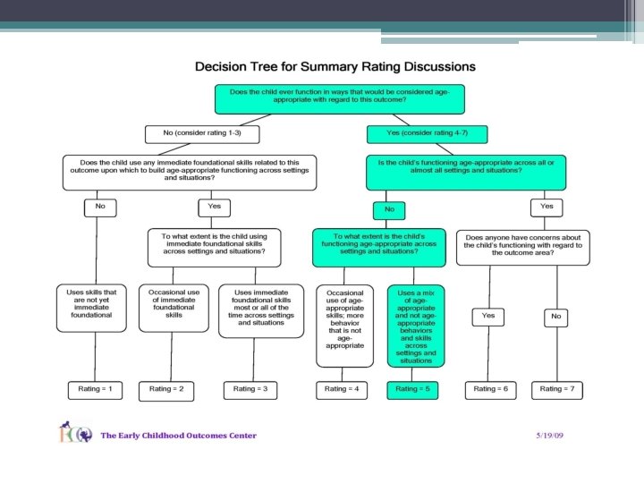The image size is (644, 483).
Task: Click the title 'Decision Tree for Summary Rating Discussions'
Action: tap(335, 67)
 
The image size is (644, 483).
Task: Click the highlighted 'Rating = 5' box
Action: tap(412, 389)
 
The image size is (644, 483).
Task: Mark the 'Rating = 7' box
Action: tap(561, 389)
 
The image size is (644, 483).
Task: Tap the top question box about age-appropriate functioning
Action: tap(339, 97)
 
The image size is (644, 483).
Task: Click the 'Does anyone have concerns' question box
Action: tap(523, 246)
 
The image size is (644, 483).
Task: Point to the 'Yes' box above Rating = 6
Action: tap(488, 316)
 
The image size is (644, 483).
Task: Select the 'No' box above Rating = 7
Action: tap(556, 316)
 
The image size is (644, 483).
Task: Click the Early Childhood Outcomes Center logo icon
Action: tap(76, 435)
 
